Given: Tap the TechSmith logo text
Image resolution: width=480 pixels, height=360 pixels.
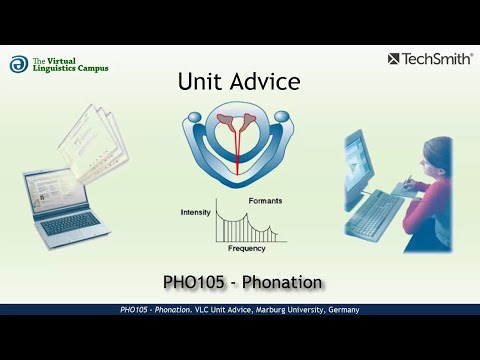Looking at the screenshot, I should pos(437,59).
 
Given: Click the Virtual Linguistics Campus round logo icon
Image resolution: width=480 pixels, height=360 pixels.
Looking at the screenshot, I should pos(19,64).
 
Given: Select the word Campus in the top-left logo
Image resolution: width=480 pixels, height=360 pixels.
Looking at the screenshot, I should pos(91,69).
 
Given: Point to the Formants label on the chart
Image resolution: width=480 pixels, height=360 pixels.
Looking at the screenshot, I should pos(265,200).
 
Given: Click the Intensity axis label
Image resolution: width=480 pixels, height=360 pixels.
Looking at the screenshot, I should pos(195,212).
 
